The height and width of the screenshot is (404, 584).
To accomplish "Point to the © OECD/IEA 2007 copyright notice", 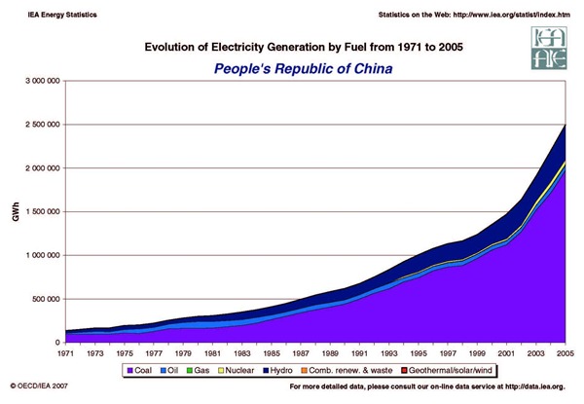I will pyautogui.click(x=40, y=386).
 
